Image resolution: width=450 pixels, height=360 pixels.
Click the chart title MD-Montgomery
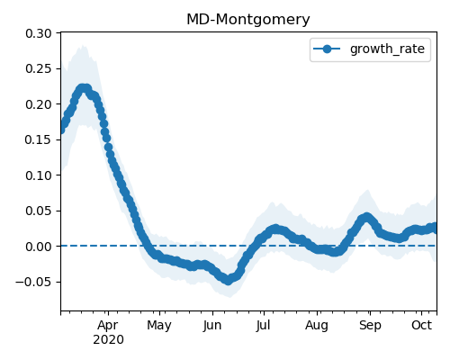tap(248, 20)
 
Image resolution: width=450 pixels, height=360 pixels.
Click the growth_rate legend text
tap(387, 49)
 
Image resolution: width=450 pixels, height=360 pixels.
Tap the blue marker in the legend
tap(327, 49)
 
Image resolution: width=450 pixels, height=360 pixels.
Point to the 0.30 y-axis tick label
tap(39, 33)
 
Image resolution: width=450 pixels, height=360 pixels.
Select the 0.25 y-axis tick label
tap(39, 69)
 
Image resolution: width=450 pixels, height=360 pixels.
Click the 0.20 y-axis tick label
tap(39, 104)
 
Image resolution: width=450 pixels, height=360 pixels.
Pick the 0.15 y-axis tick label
tap(39, 139)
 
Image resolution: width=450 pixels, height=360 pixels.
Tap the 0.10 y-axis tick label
tap(39, 175)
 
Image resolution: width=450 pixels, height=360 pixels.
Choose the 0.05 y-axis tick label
tap(39, 211)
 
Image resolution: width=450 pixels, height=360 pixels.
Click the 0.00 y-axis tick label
tap(39, 247)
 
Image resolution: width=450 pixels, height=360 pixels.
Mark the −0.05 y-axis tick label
tap(33, 282)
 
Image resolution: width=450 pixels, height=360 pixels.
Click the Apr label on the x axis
tap(108, 326)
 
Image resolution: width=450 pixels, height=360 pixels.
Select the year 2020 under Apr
tap(108, 340)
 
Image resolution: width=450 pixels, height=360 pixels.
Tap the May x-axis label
tap(159, 326)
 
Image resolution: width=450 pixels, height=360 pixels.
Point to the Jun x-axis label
tap(212, 326)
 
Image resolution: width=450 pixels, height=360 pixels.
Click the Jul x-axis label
tap(263, 326)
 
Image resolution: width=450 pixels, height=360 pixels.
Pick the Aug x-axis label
tap(317, 326)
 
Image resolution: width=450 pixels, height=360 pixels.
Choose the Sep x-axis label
tap(370, 326)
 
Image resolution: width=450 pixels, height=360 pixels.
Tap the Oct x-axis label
tap(422, 325)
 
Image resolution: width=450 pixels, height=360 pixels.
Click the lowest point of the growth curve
tap(229, 281)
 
